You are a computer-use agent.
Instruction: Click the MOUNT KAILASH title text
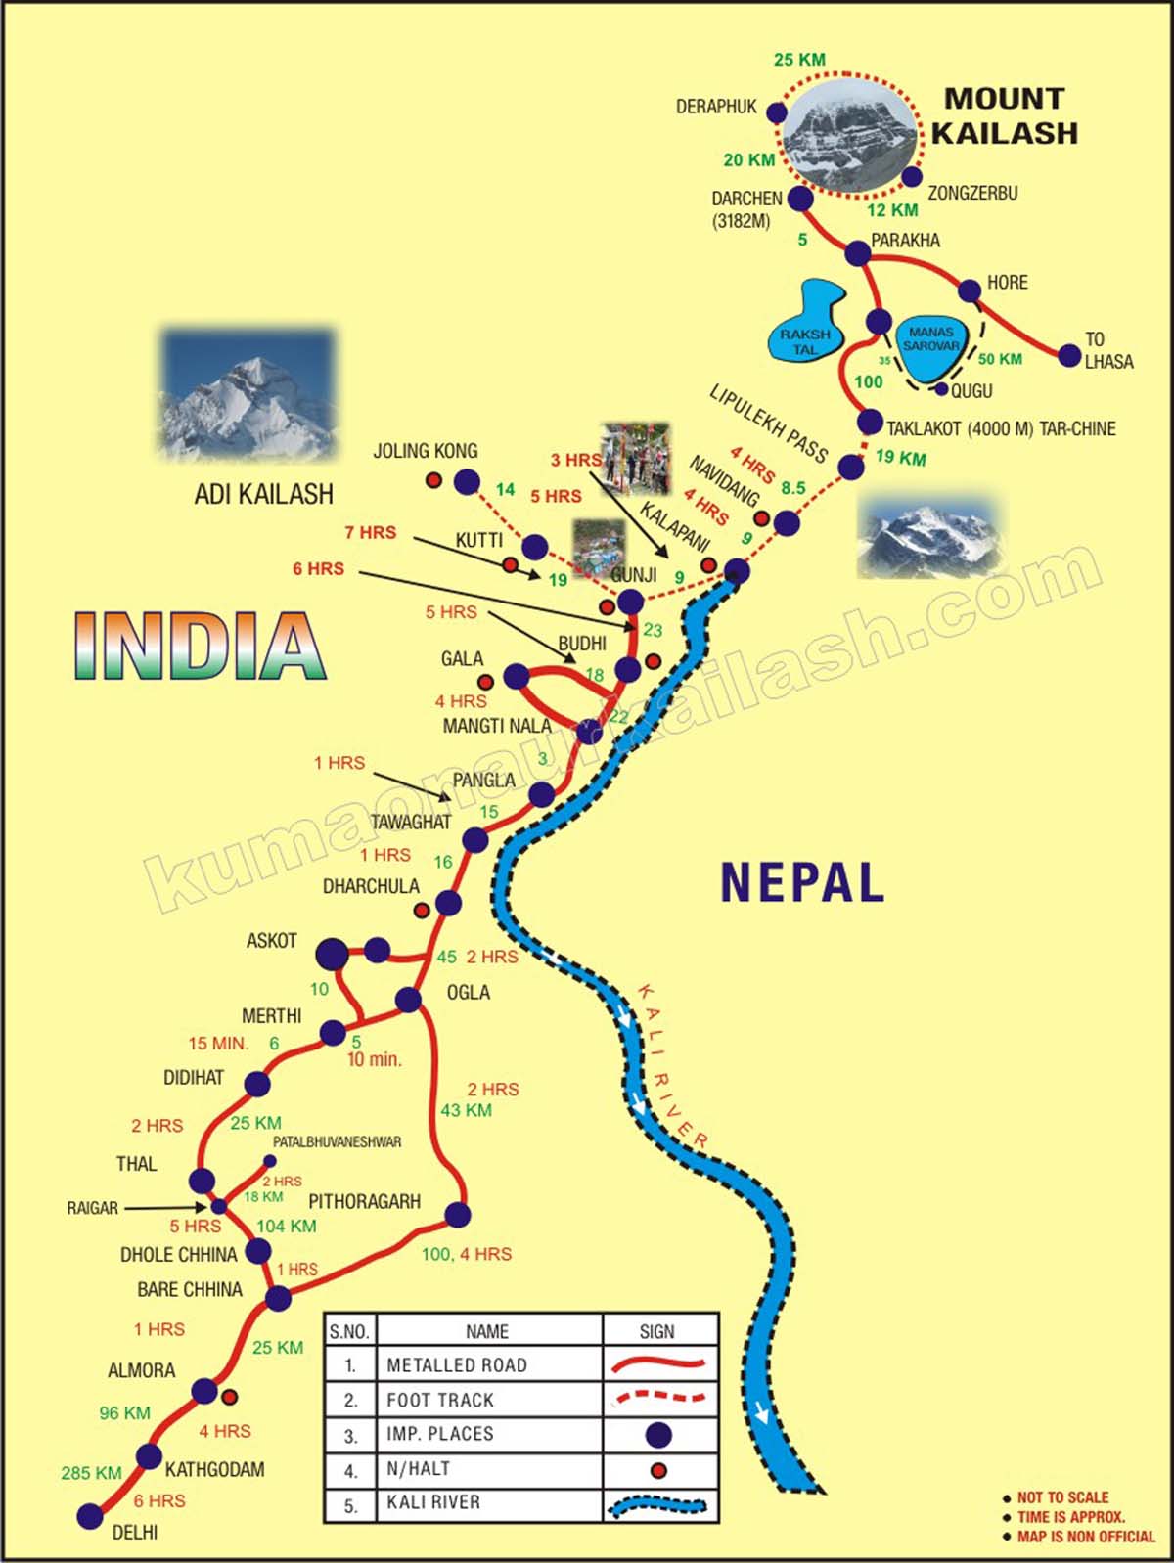[x=1004, y=115]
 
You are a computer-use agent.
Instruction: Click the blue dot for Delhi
[x=90, y=1516]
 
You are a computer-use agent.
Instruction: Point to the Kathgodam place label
[x=214, y=1469]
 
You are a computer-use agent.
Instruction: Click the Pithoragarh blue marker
[x=457, y=1215]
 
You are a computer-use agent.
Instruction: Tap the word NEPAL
[x=802, y=882]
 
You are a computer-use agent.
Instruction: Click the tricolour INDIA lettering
[x=200, y=646]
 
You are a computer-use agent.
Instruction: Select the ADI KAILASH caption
[x=263, y=494]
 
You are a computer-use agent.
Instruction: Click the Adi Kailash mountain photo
[x=248, y=394]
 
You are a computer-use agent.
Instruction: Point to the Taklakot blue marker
[x=870, y=423]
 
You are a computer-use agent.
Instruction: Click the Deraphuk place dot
[x=777, y=112]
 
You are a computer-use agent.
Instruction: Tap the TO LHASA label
[x=1107, y=350]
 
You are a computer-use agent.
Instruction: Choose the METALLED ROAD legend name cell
[x=457, y=1364]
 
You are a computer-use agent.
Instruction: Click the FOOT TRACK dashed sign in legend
[x=658, y=1398]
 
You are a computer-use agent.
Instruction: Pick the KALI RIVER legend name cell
[x=433, y=1502]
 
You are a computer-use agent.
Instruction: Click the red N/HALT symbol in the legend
[x=658, y=1470]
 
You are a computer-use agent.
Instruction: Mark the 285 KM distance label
[x=91, y=1473]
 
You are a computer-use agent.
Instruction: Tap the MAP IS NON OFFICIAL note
[x=1085, y=1537]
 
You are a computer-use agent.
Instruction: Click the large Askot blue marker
[x=333, y=953]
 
